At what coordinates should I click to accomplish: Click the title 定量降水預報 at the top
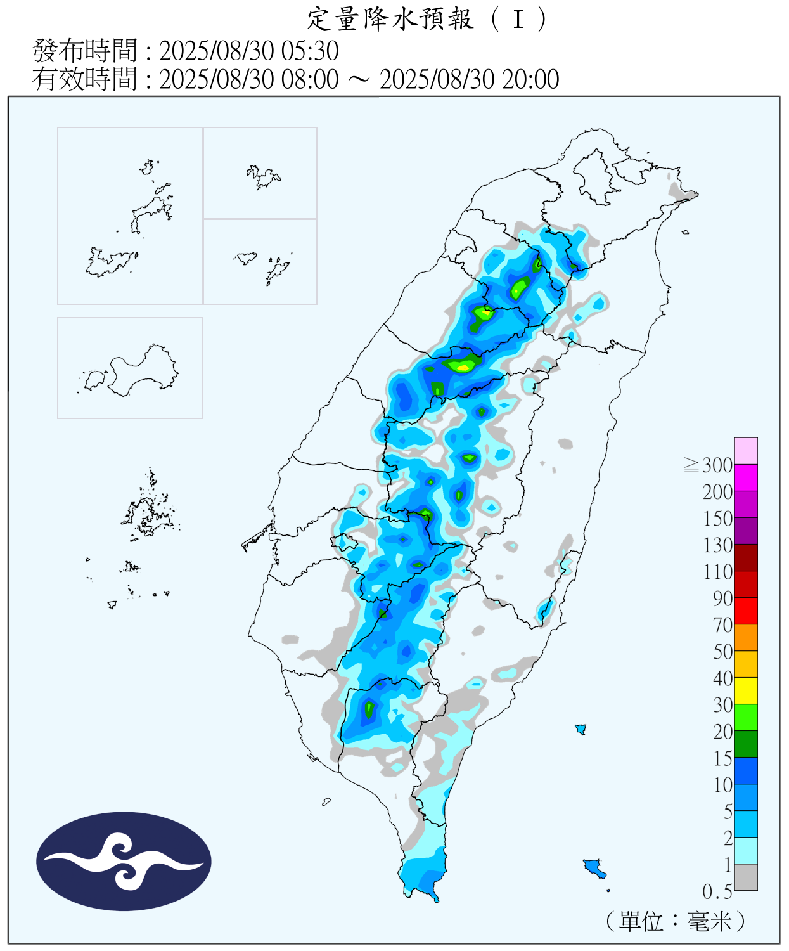click(x=390, y=19)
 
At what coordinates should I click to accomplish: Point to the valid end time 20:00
click(x=530, y=79)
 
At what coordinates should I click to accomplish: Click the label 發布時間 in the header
click(x=84, y=51)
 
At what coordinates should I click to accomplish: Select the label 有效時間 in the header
click(x=84, y=79)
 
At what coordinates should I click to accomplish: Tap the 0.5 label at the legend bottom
click(x=717, y=892)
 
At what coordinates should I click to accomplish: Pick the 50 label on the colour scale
click(x=722, y=652)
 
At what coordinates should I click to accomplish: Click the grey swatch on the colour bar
click(x=746, y=877)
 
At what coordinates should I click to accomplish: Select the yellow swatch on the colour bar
click(x=746, y=690)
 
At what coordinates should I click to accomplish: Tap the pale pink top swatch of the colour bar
click(x=746, y=451)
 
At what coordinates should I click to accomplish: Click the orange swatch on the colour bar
click(x=746, y=637)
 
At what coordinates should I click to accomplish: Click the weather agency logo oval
click(x=124, y=862)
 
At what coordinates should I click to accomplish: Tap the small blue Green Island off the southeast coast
click(x=580, y=729)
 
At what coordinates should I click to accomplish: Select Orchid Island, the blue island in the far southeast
click(x=594, y=867)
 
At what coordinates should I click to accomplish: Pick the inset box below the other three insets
click(x=130, y=368)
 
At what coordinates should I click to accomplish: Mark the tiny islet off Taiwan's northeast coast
click(x=685, y=233)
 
